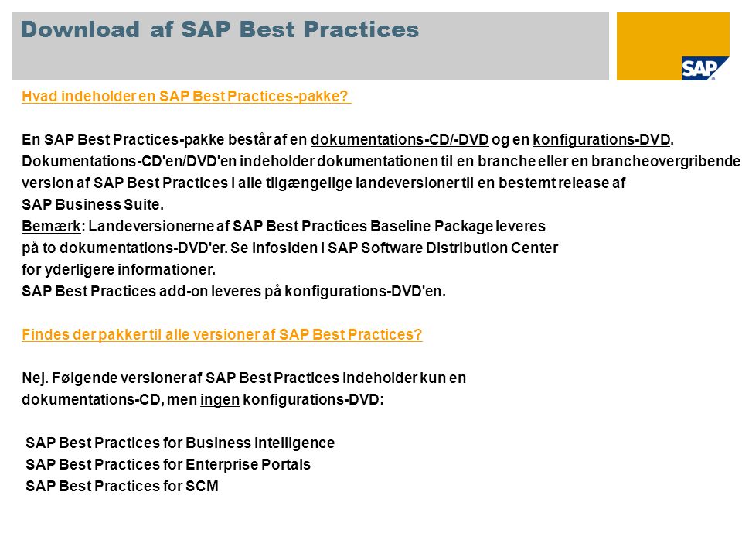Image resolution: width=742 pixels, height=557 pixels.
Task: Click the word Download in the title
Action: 80,29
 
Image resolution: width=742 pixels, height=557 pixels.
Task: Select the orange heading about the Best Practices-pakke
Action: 186,96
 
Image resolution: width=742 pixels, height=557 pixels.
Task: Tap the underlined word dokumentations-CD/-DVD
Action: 400,140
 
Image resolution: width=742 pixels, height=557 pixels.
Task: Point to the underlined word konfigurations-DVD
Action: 601,140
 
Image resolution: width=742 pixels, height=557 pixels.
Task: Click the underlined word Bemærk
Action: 51,227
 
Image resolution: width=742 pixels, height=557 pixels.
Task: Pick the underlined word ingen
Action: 220,400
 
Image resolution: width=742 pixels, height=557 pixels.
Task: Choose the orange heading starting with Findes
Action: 222,334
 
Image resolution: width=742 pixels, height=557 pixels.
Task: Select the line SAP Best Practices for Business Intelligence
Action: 180,443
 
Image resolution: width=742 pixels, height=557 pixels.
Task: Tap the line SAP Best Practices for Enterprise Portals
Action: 168,465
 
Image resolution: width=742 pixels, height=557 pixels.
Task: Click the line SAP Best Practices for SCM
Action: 122,486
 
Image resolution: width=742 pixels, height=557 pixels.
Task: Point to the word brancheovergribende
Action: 665,162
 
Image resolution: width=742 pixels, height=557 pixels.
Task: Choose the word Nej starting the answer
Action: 35,378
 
